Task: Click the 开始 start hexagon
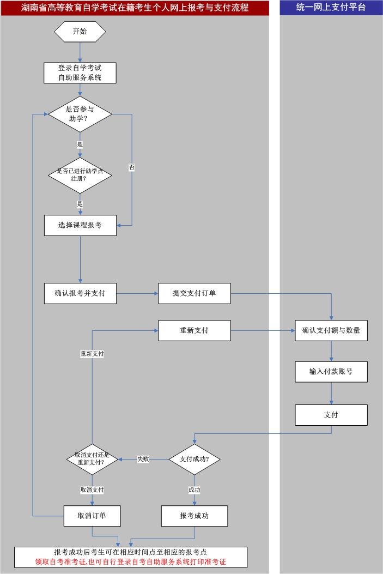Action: [x=80, y=31]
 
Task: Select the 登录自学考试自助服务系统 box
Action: [x=80, y=73]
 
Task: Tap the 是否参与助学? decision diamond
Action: [x=80, y=114]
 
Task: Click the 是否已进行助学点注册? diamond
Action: [x=80, y=174]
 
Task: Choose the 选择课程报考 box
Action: [x=80, y=225]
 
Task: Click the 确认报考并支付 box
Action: [x=80, y=293]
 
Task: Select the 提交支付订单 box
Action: [x=194, y=293]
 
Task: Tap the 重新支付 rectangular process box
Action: [x=194, y=330]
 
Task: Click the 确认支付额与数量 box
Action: [x=331, y=330]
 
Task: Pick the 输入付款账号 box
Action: [x=331, y=371]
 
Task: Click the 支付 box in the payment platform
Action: [x=331, y=415]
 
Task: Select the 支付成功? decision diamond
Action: [x=194, y=459]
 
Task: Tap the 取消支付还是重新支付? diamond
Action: [x=92, y=459]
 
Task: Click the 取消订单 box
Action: [x=92, y=516]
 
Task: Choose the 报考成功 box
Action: [x=194, y=516]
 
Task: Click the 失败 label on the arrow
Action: [x=143, y=459]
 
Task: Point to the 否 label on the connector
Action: [x=132, y=167]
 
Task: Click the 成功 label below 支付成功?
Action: [x=194, y=490]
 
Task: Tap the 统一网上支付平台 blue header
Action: [x=331, y=8]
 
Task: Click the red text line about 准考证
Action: [x=131, y=561]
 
